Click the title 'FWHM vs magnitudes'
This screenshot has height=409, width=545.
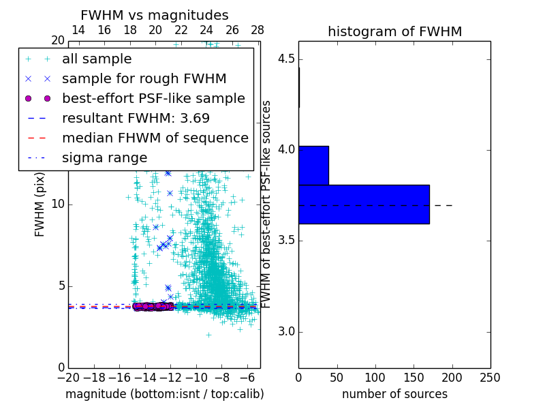click(154, 16)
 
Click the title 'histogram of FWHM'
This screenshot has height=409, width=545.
click(394, 31)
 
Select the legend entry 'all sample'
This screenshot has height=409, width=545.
click(97, 59)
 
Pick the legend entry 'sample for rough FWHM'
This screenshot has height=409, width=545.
click(144, 79)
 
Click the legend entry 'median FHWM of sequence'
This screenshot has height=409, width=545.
click(155, 138)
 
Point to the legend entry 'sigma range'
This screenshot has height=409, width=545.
click(104, 157)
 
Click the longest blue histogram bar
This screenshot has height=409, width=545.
click(364, 204)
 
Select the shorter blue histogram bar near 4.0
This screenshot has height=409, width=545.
click(313, 165)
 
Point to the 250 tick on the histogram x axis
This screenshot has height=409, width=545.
click(490, 378)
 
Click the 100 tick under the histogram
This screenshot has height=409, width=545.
click(375, 378)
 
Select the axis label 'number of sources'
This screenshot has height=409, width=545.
click(394, 394)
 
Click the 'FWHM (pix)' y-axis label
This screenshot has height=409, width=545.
click(40, 204)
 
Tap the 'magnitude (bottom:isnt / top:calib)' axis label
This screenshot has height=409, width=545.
click(164, 394)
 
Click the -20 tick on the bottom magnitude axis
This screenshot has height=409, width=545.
click(68, 378)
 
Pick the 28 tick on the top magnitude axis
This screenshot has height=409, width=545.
click(258, 30)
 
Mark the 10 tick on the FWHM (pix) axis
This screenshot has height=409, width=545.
click(58, 204)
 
